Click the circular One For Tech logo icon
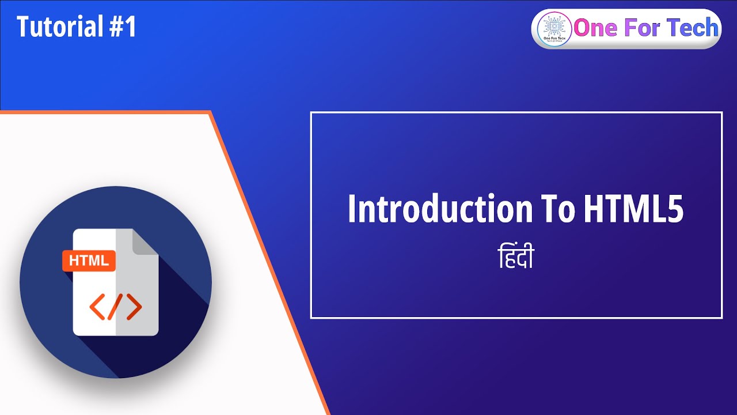coord(553,29)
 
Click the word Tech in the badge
coord(693,28)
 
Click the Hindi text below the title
coord(515,258)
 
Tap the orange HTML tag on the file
coord(89,261)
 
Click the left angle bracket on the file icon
coord(97,307)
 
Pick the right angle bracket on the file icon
coord(134,307)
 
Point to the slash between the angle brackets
coord(116,307)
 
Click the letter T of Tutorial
coord(23,27)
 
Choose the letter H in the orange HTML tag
coord(73,261)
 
